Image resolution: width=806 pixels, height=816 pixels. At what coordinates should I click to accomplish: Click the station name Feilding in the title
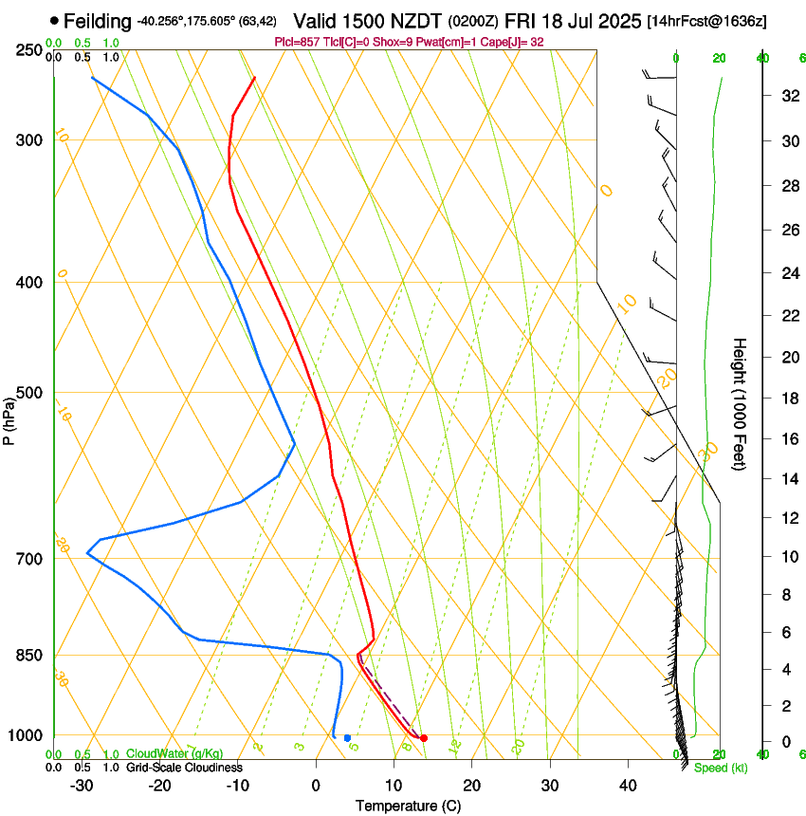(98, 20)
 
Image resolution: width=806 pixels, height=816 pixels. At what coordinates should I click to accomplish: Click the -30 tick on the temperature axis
(82, 786)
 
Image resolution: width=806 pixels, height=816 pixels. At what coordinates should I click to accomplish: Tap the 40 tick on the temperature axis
(627, 786)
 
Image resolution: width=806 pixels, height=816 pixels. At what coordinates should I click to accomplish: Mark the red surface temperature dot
(424, 738)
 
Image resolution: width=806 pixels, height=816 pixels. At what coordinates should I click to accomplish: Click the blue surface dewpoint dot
(348, 737)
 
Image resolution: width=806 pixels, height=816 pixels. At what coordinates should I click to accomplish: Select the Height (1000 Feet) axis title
(741, 403)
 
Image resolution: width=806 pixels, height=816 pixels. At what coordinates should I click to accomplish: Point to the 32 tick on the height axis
(789, 96)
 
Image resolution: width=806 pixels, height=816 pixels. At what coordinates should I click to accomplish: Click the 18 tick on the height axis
(789, 399)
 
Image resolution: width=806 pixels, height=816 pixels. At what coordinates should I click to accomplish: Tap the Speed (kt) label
(720, 768)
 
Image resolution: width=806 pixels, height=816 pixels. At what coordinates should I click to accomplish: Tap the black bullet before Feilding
(54, 20)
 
